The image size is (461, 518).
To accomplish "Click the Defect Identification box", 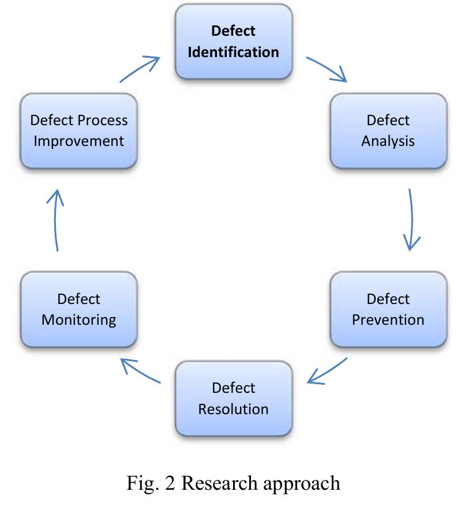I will pos(233,41).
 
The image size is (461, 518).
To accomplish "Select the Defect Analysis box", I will pos(388,131).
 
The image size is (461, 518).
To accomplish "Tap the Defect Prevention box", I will pos(388,309).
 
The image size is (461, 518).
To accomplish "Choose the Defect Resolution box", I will pos(233,398).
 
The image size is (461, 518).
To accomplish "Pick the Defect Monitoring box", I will pos(78,309).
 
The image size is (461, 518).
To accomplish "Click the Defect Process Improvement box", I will pos(78,131).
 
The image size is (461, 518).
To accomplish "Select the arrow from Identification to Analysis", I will pos(327,69).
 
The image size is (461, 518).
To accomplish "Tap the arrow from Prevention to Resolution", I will pos(327,370).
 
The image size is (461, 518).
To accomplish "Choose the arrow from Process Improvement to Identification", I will pos(140,68).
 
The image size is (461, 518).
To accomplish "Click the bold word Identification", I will pos(233,52).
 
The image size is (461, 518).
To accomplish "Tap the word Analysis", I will pos(388,141).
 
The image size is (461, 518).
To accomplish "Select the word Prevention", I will pos(388,320).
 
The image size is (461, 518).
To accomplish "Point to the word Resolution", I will pos(233,409).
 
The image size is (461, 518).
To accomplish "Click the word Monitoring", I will pos(78,320).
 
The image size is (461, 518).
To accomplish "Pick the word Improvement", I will pos(78,141).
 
